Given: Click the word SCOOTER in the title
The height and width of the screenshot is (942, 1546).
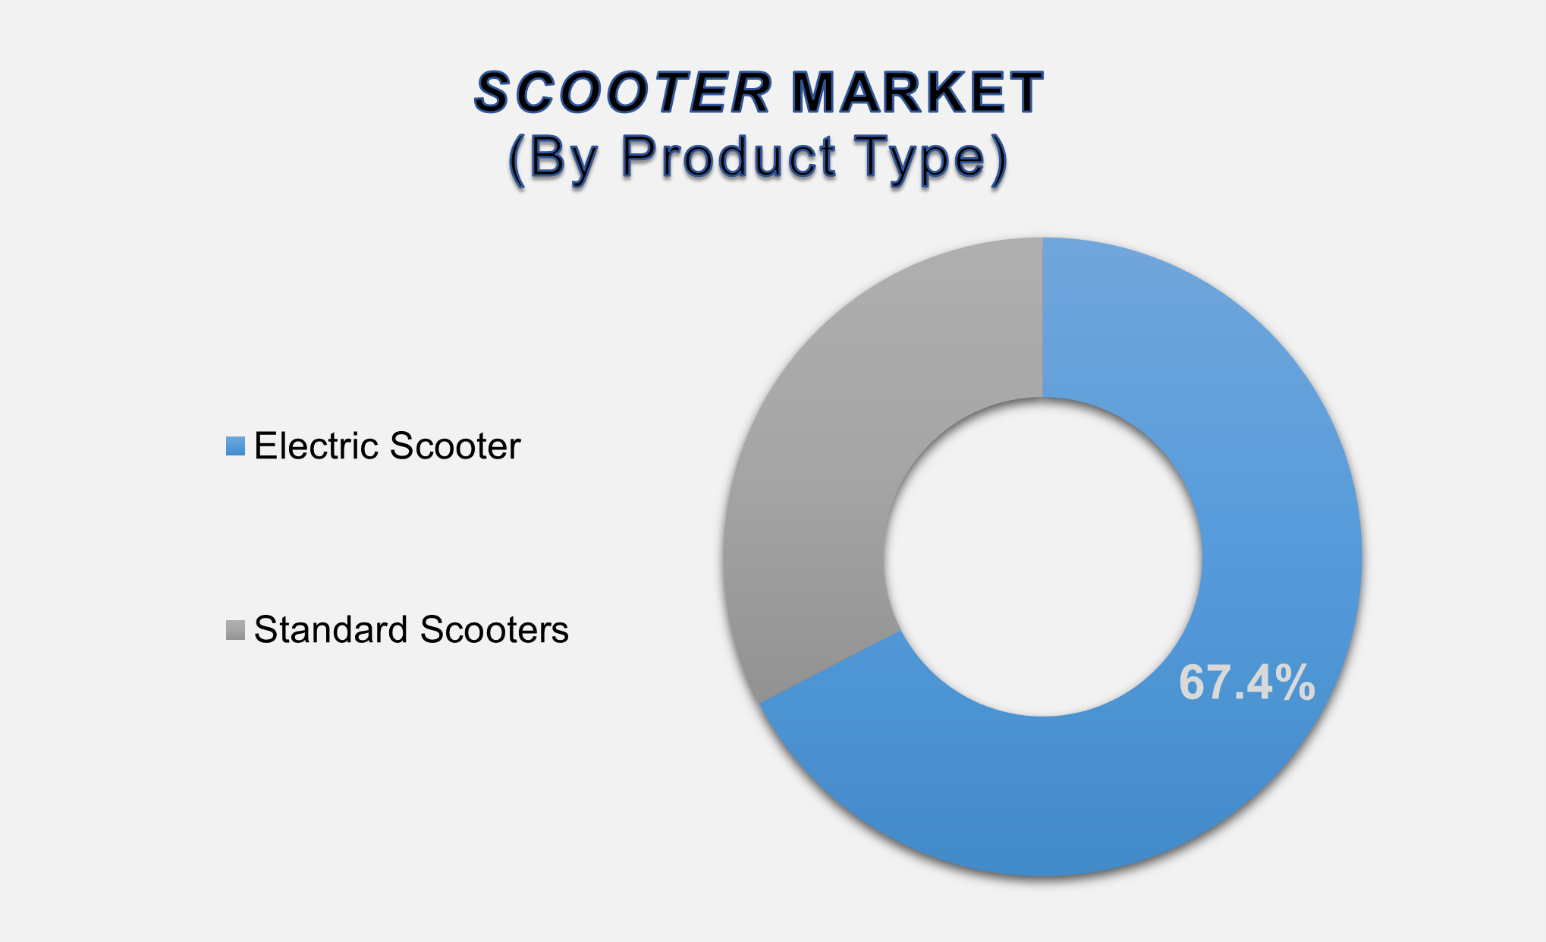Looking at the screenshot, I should [x=622, y=93].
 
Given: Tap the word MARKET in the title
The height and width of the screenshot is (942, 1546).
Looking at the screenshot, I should [x=916, y=93].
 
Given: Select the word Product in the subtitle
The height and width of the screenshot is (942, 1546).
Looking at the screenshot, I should [x=728, y=158].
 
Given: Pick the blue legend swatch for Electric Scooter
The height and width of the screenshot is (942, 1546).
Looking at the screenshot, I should [x=235, y=446].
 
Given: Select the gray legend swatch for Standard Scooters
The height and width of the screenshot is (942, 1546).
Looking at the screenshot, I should [x=235, y=630].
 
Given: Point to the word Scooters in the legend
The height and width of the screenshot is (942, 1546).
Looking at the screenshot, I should [x=494, y=630].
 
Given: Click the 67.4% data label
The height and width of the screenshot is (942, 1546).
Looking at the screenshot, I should [x=1246, y=682].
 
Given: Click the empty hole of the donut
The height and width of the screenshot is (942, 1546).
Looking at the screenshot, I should [x=1042, y=556].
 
